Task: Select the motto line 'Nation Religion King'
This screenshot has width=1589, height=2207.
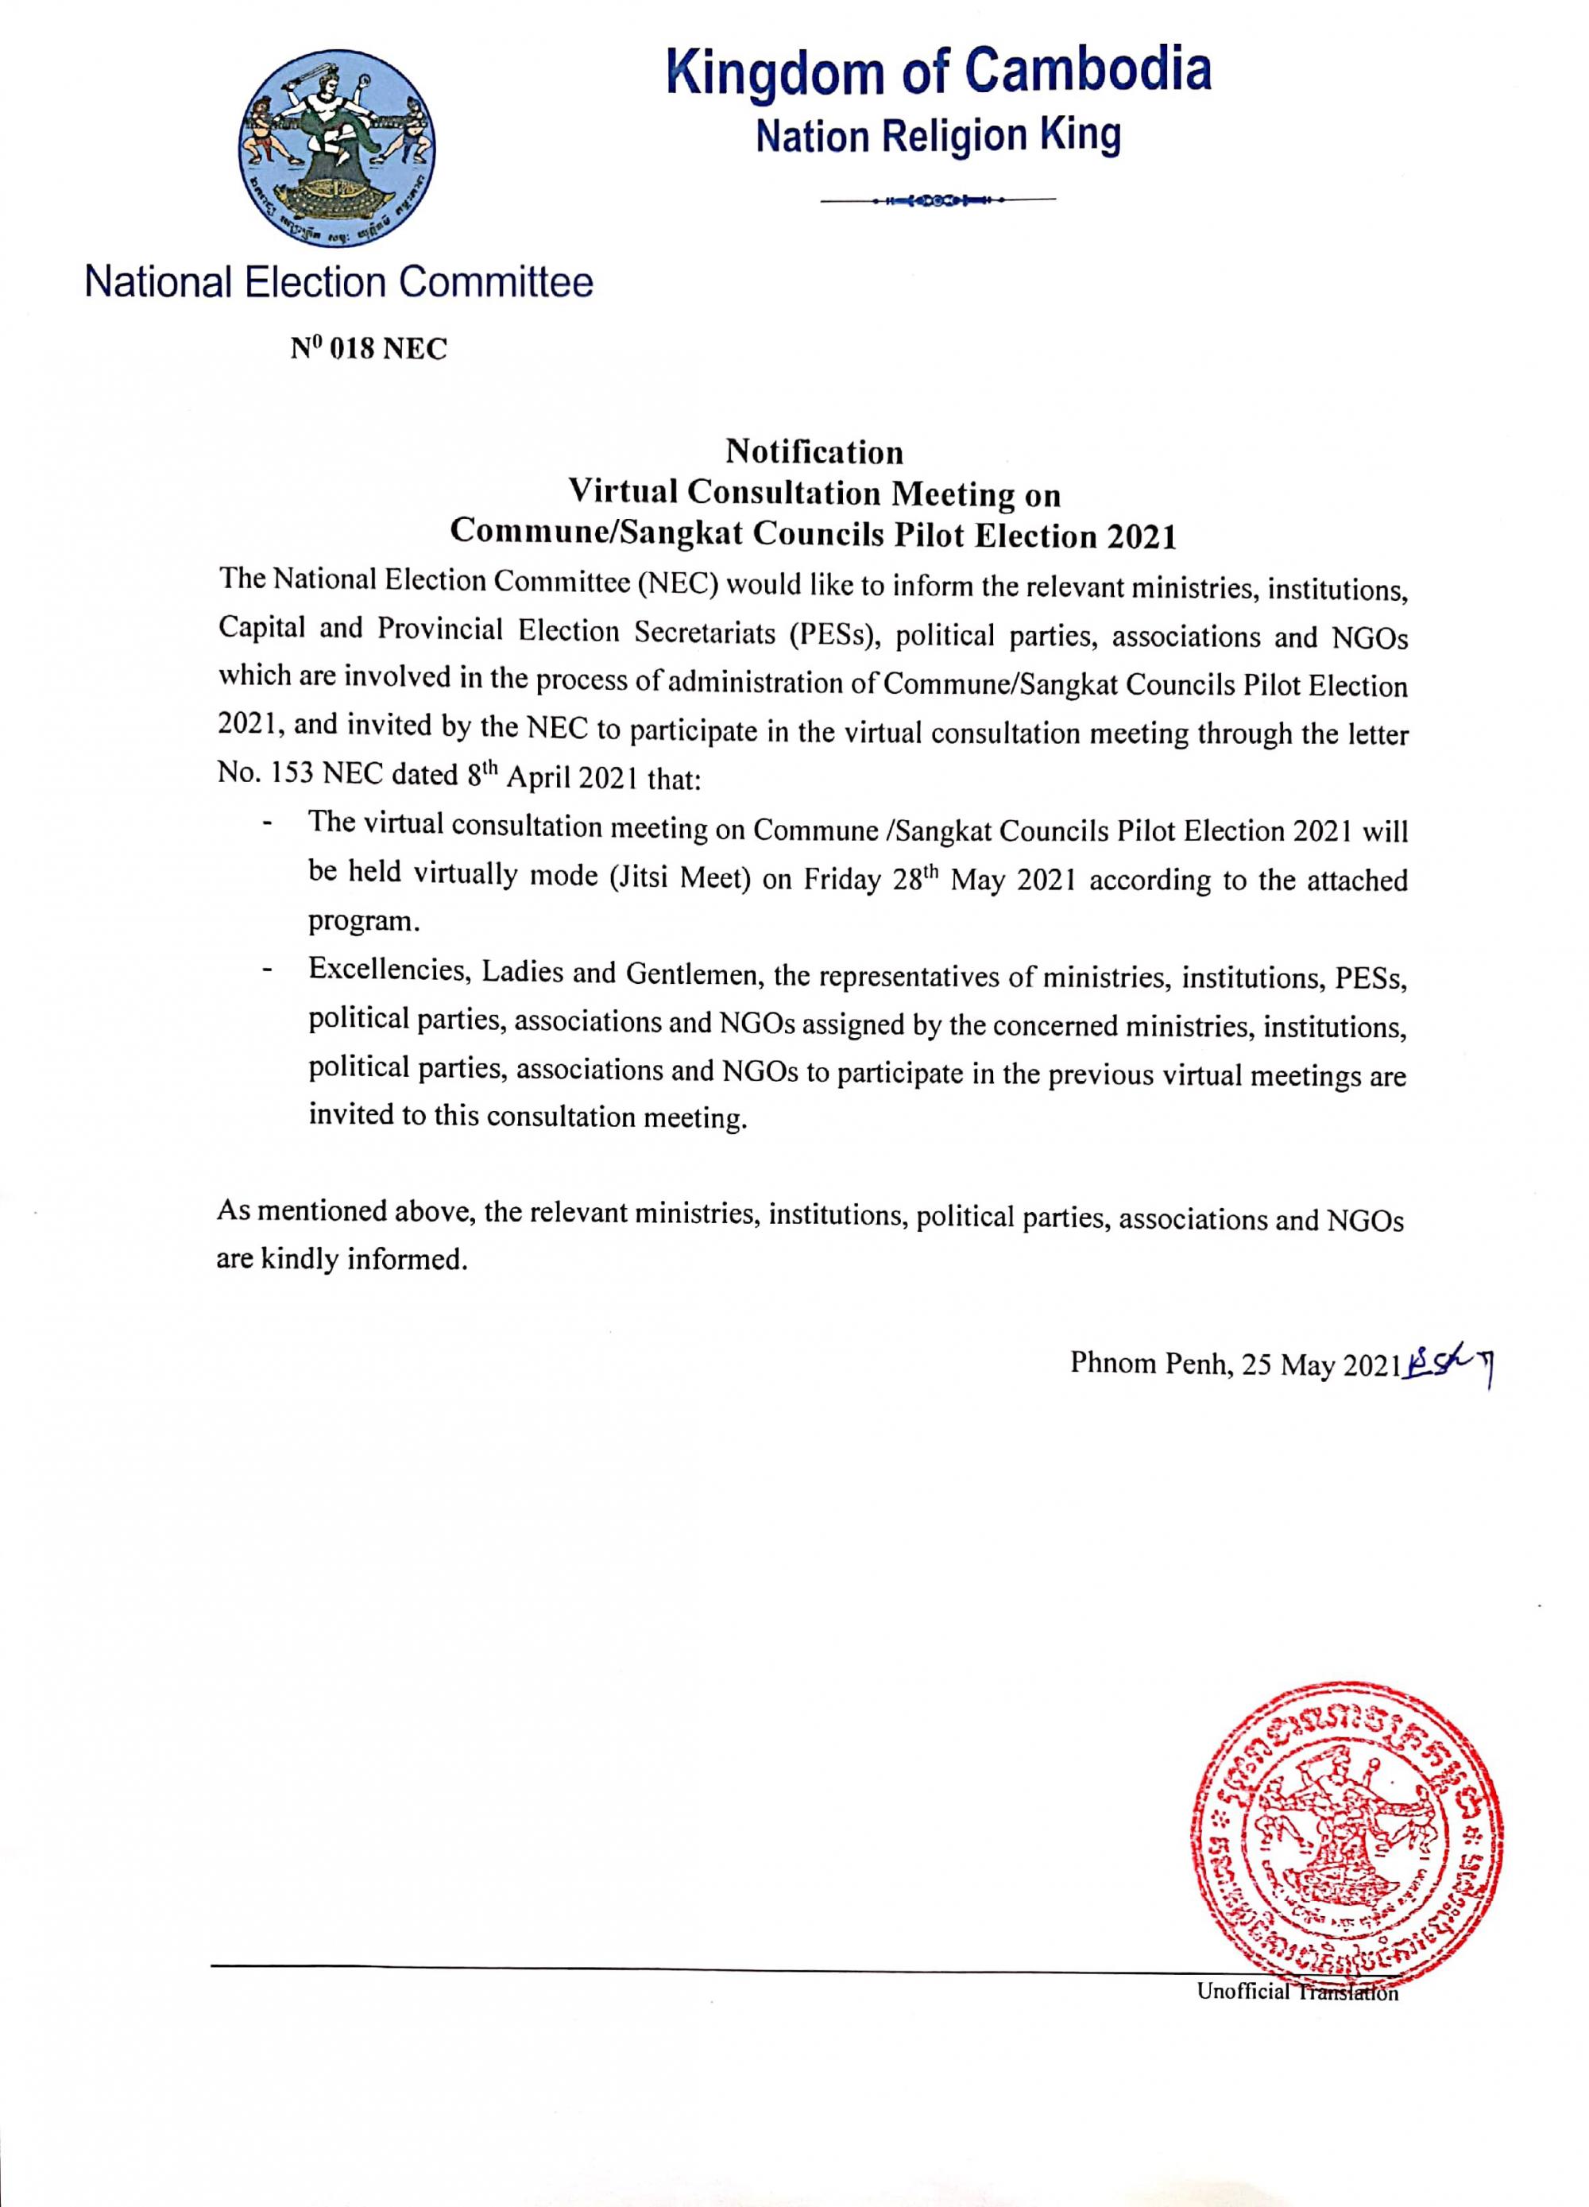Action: point(938,135)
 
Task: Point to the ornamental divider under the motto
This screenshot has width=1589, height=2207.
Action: point(937,200)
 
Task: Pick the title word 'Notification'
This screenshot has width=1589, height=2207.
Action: point(814,452)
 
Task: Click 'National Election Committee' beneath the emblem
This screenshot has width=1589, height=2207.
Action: point(338,283)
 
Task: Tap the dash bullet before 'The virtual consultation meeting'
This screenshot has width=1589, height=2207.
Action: point(265,824)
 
